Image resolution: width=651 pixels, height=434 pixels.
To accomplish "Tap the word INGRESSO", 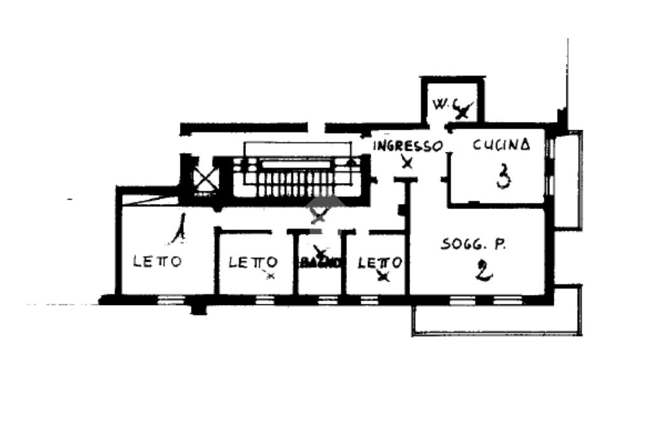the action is click(407, 146).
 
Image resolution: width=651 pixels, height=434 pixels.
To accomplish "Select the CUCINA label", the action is click(501, 145).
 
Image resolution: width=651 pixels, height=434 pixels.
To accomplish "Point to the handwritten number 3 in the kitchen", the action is click(503, 176).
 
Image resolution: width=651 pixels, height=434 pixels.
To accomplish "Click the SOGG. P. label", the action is click(473, 244).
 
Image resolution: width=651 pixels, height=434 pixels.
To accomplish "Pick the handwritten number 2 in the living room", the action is click(483, 272).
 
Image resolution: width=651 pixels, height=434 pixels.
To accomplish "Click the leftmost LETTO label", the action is click(158, 261).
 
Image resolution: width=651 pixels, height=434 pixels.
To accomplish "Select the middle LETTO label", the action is click(253, 262).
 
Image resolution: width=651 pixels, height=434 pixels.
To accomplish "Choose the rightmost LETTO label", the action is click(380, 262).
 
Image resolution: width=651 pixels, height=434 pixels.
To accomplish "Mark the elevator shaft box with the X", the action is click(205, 175).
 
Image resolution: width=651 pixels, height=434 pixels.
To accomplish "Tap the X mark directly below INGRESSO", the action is click(407, 163).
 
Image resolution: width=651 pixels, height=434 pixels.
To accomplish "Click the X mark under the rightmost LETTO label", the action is click(382, 276).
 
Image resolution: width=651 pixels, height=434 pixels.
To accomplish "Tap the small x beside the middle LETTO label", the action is click(271, 276).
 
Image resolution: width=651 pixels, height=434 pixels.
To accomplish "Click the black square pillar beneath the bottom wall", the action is click(199, 309).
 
